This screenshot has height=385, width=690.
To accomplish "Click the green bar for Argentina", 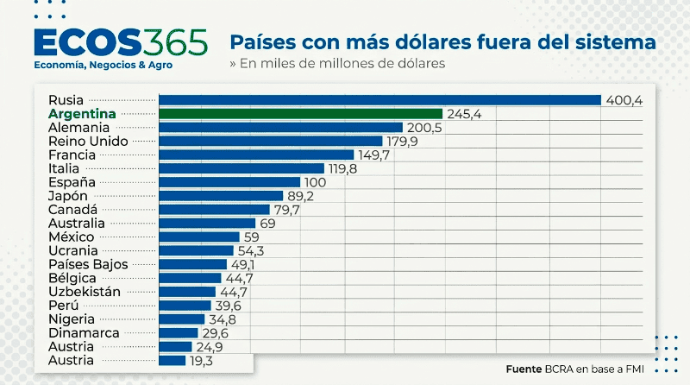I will pyautogui.click(x=301, y=114).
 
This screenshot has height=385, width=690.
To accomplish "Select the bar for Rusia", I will pyautogui.click(x=380, y=100).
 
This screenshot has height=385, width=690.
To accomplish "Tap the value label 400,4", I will pyautogui.click(x=624, y=100).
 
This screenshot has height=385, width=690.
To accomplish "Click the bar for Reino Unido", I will pyautogui.click(x=271, y=142).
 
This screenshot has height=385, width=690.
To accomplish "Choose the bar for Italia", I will pyautogui.click(x=242, y=168).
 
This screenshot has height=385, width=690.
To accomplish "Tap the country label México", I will pyautogui.click(x=72, y=237).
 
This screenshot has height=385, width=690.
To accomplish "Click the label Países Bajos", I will pyautogui.click(x=88, y=264).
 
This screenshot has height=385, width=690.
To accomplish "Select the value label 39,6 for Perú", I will pyautogui.click(x=228, y=306).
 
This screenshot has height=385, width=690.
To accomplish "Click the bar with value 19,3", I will pyautogui.click(x=172, y=360).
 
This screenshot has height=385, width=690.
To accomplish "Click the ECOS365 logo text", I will pyautogui.click(x=119, y=41).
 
